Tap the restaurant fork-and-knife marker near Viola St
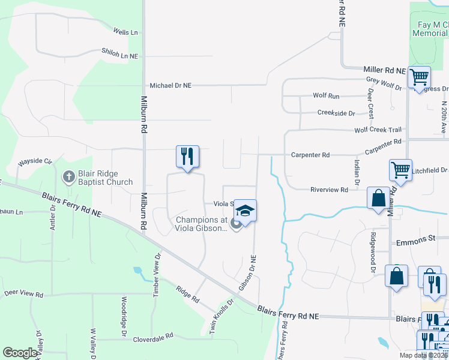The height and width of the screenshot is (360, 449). (187, 157)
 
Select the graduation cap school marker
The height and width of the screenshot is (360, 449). (245, 211)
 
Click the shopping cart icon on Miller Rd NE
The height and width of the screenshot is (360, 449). (419, 77)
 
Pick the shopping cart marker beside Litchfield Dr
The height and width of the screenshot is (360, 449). (400, 169)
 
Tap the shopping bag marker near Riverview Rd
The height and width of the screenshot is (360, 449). (378, 198)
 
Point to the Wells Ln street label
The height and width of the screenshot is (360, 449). (125, 32)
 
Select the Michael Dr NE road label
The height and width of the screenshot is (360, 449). (170, 86)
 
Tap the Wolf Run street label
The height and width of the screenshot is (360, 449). (326, 96)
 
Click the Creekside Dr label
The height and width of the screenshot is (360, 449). (336, 113)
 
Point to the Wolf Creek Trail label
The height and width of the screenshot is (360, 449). (378, 130)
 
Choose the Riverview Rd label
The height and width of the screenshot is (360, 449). (329, 190)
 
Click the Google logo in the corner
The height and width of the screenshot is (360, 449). (20, 353)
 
